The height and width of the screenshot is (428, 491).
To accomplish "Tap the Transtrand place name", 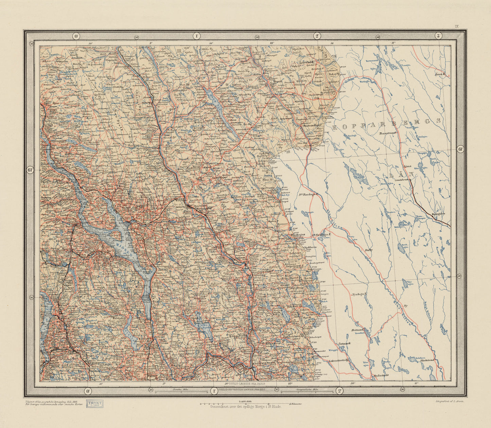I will tap(388, 133).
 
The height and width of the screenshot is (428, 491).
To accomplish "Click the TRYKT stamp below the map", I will tap(95, 403).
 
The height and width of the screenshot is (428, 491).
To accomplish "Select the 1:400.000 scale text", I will tap(245, 401).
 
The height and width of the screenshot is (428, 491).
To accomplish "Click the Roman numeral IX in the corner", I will tap(457, 26).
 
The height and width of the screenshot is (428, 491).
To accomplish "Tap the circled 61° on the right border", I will tap(460, 149).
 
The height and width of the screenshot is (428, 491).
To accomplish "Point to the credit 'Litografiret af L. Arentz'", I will tap(450, 401).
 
